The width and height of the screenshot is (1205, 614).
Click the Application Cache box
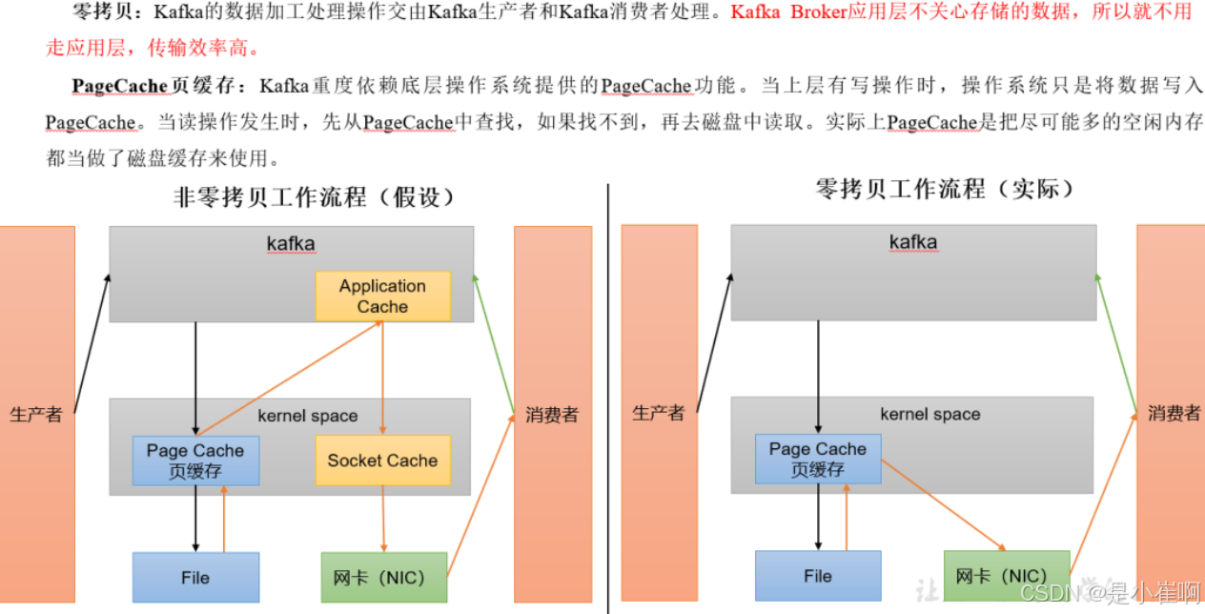382,296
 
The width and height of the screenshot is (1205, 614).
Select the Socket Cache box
382,460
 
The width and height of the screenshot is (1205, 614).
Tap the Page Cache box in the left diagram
195,460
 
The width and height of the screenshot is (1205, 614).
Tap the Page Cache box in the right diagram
818,459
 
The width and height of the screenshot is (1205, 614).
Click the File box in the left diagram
195,578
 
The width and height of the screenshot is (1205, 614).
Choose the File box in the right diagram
818,576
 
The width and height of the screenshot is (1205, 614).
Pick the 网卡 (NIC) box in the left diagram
385,578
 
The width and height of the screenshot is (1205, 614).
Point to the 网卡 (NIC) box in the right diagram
1007,576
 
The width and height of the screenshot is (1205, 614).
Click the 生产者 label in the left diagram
36,415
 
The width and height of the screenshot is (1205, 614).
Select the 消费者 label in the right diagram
1174,413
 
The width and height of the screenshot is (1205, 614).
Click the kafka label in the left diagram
291,244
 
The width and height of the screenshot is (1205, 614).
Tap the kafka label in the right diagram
913,242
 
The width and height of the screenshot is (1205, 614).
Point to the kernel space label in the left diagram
308,416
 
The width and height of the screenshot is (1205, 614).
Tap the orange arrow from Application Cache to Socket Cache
382,378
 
